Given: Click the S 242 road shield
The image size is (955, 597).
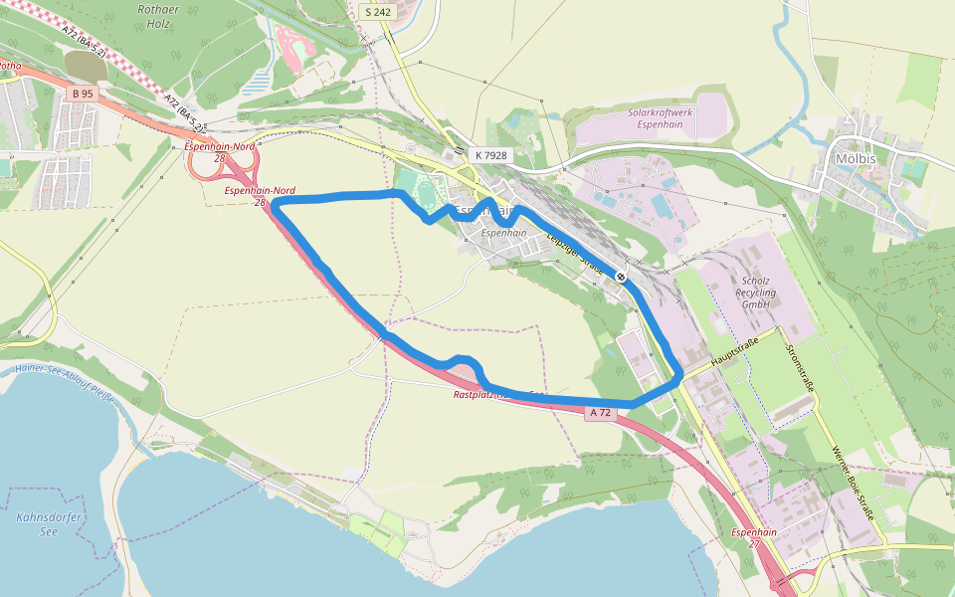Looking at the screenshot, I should click(378, 12).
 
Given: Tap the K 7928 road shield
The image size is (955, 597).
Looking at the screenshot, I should click(490, 155).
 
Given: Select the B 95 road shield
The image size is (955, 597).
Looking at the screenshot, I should click(83, 94).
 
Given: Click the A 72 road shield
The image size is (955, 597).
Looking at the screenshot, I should click(599, 412).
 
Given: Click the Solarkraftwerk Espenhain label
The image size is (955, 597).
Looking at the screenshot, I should click(661, 118).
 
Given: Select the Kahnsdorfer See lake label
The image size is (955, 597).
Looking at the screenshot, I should click(50, 524).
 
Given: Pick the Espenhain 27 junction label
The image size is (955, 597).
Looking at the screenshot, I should click(753, 538).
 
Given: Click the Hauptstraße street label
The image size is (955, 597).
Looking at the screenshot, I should click(734, 355).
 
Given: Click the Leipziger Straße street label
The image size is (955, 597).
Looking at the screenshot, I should click(575, 253).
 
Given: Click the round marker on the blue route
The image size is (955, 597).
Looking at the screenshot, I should click(621, 276).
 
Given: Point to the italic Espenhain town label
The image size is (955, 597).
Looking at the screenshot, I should click(503, 233).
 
